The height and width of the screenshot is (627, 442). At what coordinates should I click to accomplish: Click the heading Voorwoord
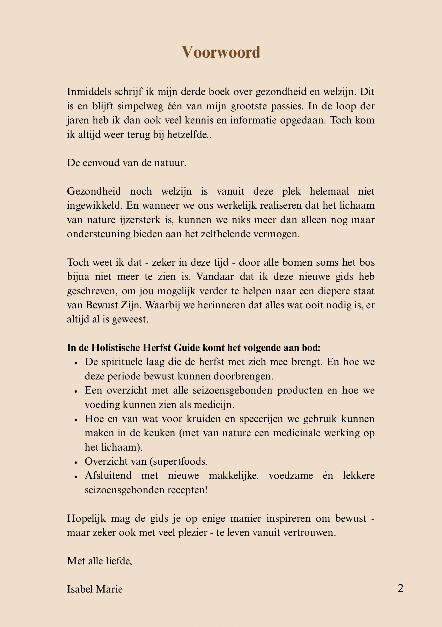coord(221,52)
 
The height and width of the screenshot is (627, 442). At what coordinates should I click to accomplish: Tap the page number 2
coord(400,588)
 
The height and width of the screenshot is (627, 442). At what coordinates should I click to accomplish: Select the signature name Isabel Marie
coord(95,589)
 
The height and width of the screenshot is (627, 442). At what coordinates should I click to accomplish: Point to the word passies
coord(286,106)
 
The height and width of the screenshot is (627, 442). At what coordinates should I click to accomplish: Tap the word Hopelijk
coord(86,519)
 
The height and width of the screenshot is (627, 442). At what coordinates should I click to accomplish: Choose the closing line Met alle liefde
coord(99,561)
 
